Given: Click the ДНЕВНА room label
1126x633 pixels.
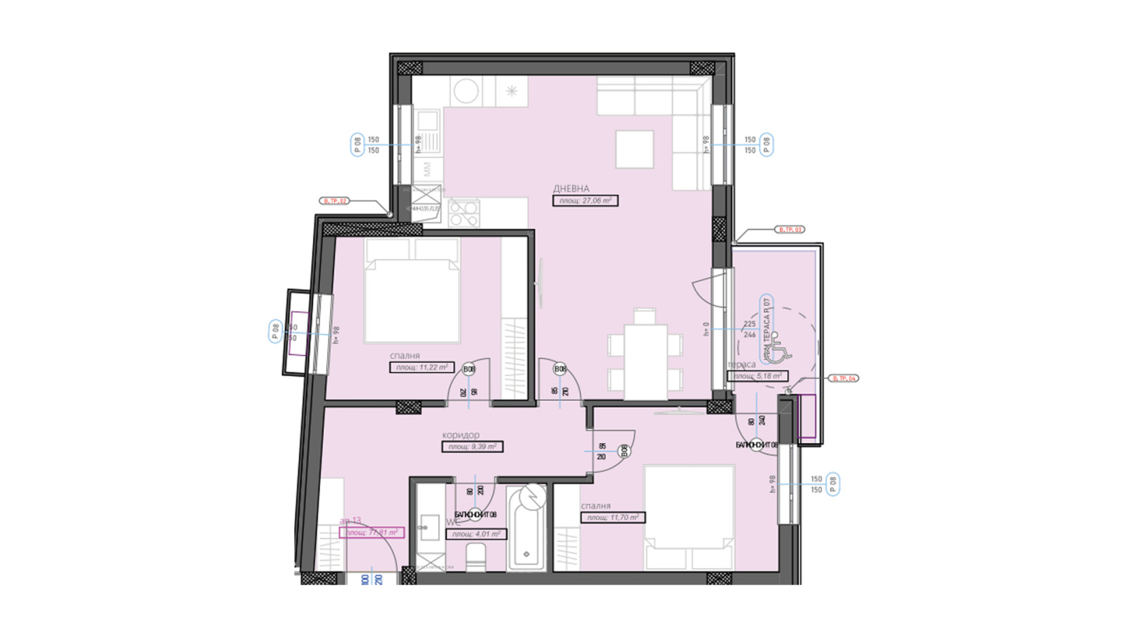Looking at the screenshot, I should [x=571, y=188].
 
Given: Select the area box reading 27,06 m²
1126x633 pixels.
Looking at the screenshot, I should [x=585, y=200].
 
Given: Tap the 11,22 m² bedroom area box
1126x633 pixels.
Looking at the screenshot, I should [x=422, y=367].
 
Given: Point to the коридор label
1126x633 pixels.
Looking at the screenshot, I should [x=460, y=435].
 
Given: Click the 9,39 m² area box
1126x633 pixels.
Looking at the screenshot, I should [x=472, y=447].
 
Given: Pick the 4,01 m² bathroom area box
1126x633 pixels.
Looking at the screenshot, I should [x=476, y=534].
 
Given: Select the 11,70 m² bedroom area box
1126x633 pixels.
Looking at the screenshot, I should [x=612, y=518].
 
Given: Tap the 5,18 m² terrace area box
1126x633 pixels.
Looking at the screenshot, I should [x=757, y=376].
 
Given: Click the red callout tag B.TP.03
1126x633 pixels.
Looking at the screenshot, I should [x=790, y=229].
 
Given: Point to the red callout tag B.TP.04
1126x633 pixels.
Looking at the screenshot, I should [x=843, y=378].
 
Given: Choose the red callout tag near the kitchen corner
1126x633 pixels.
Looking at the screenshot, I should [x=335, y=201].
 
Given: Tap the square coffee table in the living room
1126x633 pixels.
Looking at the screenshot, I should [x=634, y=149].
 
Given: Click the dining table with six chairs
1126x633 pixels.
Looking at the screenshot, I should [x=645, y=361].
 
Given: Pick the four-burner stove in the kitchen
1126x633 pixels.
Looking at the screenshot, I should [x=464, y=214].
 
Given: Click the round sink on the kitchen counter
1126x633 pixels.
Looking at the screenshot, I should [x=465, y=91].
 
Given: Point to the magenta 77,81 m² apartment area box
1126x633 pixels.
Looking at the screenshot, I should [x=372, y=532].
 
